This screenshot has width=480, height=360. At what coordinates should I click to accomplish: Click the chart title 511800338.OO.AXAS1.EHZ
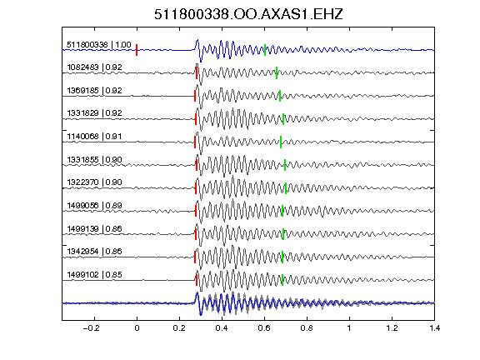pos(248,14)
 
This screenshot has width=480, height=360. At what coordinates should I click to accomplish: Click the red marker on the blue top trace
pos(137,50)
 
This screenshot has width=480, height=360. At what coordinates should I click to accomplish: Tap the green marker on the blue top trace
pos(265,50)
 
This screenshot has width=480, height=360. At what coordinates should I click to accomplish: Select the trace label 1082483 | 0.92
pos(95,67)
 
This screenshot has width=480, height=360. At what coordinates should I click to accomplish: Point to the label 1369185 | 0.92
pos(95,90)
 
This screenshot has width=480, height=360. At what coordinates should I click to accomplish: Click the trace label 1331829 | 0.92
pos(95,113)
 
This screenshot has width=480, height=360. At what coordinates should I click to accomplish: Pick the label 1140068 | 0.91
pos(95,136)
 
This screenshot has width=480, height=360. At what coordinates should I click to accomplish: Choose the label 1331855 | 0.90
pos(95,159)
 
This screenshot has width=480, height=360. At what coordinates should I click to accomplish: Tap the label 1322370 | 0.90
pos(95,182)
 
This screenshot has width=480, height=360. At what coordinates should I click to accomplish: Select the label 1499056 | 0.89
pos(95,205)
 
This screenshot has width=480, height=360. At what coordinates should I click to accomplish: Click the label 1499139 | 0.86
pos(95,228)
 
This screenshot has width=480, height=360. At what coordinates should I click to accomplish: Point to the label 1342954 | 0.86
pos(95,252)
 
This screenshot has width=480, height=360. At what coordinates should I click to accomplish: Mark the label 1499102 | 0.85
pos(95,275)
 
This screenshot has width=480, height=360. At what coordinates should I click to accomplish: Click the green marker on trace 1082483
pos(277,72)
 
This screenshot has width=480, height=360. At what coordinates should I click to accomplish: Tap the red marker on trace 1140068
pos(195,142)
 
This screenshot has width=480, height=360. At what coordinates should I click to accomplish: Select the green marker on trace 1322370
pos(286,188)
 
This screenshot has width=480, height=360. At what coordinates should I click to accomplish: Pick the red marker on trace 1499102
pos(196,280)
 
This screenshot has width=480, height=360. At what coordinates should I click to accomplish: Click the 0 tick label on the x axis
pos(137,328)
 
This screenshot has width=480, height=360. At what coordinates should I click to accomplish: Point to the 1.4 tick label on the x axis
pos(434,328)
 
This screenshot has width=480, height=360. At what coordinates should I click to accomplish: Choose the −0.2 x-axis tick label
pos(91,328)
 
